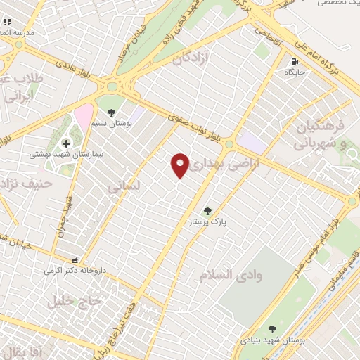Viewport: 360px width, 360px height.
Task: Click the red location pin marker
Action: click(181, 165)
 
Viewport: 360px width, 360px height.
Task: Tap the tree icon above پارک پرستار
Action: click(207, 210)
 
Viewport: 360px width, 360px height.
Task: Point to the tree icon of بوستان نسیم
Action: click(110, 110)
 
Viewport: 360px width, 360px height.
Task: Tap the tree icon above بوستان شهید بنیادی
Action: click(272, 328)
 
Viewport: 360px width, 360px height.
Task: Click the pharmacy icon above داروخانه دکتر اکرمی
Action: click(75, 259)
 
